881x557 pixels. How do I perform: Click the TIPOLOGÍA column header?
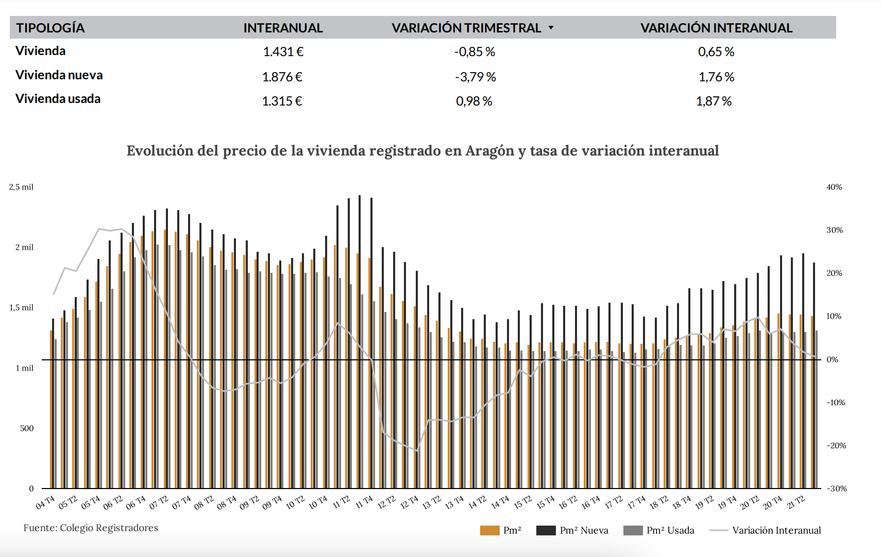(x=50, y=28)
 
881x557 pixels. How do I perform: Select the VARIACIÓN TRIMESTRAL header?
(x=466, y=28)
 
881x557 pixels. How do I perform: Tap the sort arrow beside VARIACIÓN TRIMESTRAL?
(x=551, y=28)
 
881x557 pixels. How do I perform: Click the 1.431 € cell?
(x=283, y=52)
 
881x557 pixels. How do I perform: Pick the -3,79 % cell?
(x=475, y=77)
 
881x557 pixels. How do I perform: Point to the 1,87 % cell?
(x=714, y=101)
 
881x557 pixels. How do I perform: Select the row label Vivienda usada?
(x=58, y=99)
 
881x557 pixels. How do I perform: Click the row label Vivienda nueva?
(x=59, y=75)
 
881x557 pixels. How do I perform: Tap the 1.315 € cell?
(x=282, y=101)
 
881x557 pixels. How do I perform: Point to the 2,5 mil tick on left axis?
(x=21, y=187)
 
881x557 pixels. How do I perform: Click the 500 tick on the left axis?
(x=27, y=428)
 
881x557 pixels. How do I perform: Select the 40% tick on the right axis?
(x=834, y=187)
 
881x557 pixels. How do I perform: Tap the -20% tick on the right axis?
(x=836, y=446)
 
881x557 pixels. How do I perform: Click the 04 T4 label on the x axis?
(x=45, y=502)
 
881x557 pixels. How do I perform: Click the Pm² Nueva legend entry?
(x=572, y=530)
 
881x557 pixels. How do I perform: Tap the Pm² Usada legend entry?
(x=659, y=530)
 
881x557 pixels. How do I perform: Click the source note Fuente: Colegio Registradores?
(x=91, y=528)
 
